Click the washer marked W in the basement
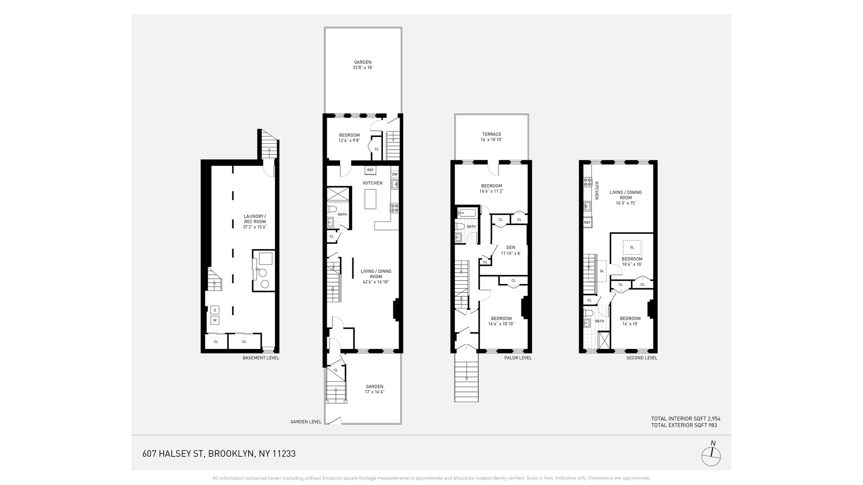coord(215,320)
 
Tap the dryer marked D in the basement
coord(215,310)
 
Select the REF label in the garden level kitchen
coord(370,170)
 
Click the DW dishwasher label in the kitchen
coord(395,174)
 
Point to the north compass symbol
coord(711,456)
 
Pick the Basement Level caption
coord(261,358)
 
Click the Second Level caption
coord(641,358)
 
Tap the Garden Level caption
coord(306,422)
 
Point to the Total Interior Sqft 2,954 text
coord(685,419)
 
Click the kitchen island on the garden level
coord(370,199)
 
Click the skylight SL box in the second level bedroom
coord(632,247)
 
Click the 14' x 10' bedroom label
coord(630,321)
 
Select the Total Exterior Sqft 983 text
coord(684,425)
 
